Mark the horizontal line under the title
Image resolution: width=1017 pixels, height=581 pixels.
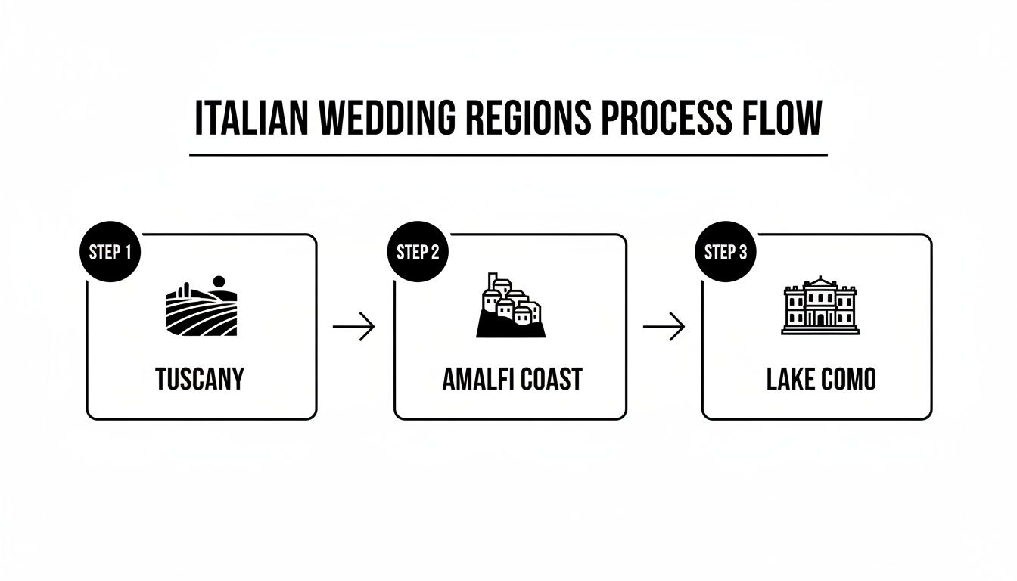(508, 155)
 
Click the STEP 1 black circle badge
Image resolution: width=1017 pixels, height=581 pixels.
(110, 253)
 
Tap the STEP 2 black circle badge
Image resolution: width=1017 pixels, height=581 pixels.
(418, 253)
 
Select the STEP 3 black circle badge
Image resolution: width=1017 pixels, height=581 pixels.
(726, 253)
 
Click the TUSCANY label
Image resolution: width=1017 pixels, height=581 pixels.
(200, 379)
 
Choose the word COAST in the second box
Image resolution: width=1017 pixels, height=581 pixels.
(549, 379)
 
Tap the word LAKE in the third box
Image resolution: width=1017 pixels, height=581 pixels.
(790, 379)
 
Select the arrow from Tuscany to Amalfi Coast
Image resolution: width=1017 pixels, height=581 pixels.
(354, 327)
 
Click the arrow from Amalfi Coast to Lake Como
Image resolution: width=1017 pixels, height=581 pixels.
(664, 327)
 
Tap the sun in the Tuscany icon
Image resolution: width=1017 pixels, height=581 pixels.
(220, 282)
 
